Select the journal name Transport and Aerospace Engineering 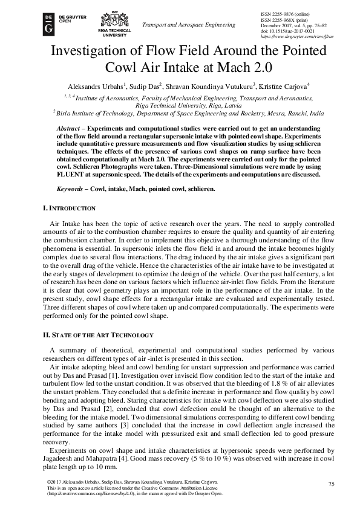(188, 25)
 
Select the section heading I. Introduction (69, 208)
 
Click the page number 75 (331, 484)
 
